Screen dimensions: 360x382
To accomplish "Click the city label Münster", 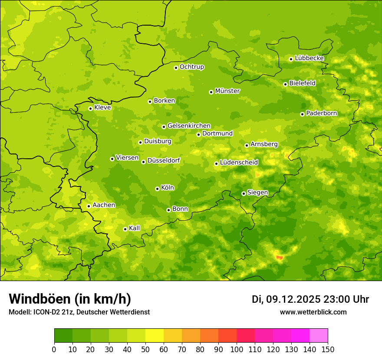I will [227, 91].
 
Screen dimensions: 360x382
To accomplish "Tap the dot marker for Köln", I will [157, 189].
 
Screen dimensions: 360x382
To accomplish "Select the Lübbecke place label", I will [309, 58].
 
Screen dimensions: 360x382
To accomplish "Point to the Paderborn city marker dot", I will [302, 114].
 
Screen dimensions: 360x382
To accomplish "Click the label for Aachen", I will [104, 205].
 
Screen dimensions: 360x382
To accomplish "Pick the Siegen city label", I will [257, 193].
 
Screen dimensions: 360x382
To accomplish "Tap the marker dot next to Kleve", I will [90, 108].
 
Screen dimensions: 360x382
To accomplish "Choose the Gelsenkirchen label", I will [189, 126].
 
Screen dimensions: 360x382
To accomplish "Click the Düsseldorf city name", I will [163, 160].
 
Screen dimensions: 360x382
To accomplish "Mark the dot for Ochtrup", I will [176, 68].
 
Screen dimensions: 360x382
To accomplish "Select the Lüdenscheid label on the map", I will [239, 163].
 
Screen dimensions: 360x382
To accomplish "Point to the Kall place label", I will [135, 228].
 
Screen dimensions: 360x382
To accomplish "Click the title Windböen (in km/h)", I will [70, 299].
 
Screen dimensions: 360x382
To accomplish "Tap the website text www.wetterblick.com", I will [313, 312].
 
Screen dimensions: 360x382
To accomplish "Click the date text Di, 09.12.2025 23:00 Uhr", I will [310, 299].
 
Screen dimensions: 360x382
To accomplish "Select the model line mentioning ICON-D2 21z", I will [79, 312].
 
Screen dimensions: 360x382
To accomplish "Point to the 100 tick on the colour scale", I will [237, 349].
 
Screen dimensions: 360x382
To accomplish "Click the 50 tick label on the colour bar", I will [145, 349].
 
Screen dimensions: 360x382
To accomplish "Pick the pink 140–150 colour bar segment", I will [319, 336].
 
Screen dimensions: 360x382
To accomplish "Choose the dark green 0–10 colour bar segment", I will [63, 336].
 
